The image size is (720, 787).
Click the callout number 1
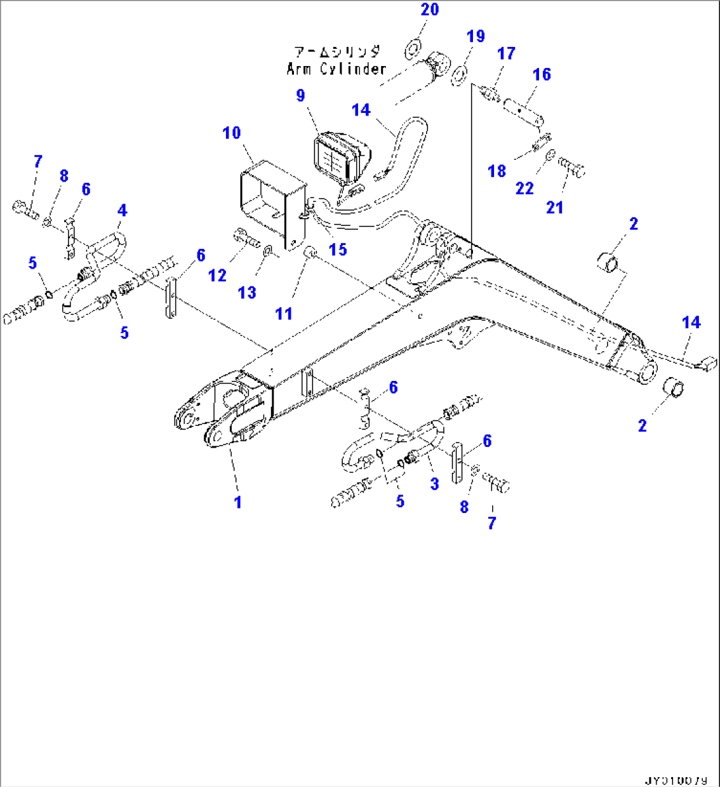(x=237, y=502)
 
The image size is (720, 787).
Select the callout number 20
(x=429, y=10)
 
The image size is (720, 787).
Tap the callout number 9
(x=301, y=96)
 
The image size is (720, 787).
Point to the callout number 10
(x=231, y=133)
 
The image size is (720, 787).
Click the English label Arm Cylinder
(x=336, y=68)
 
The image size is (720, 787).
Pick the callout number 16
(x=542, y=75)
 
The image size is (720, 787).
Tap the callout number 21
(x=555, y=207)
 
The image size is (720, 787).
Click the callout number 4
(x=122, y=211)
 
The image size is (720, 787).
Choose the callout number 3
(x=434, y=483)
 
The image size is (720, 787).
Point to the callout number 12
(x=217, y=275)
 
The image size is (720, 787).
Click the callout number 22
(x=524, y=189)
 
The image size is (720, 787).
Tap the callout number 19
(x=475, y=36)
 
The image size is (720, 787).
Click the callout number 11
(x=283, y=314)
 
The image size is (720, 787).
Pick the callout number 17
(x=506, y=53)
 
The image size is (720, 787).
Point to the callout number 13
(x=247, y=292)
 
